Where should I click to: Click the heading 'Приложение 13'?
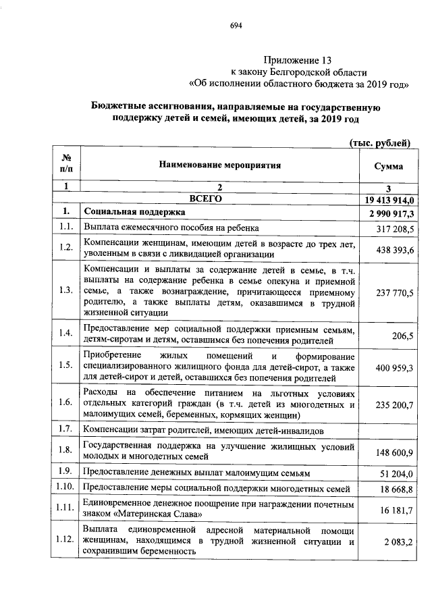coord(297,60)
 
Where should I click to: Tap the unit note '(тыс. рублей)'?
coord(379,142)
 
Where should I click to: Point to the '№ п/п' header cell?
coord(65,165)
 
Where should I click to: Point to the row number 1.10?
coord(65,487)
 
